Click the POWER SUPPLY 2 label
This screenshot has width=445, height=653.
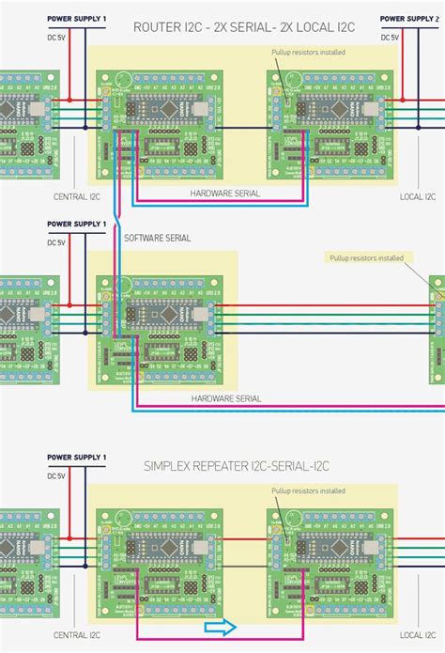[412, 19]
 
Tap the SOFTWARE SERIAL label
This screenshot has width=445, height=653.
[157, 238]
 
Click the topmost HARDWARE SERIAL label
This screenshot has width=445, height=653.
[224, 193]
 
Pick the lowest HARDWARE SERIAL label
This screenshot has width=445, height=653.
[225, 398]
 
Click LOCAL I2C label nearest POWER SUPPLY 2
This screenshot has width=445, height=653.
[417, 197]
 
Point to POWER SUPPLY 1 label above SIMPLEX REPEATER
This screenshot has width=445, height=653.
[77, 457]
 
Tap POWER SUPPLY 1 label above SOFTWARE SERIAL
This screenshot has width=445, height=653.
[77, 225]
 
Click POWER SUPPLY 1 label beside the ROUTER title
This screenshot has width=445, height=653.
[77, 19]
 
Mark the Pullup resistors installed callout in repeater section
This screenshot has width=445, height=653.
[307, 490]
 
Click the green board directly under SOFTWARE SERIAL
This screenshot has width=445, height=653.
[158, 324]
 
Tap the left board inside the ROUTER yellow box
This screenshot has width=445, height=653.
[158, 128]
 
